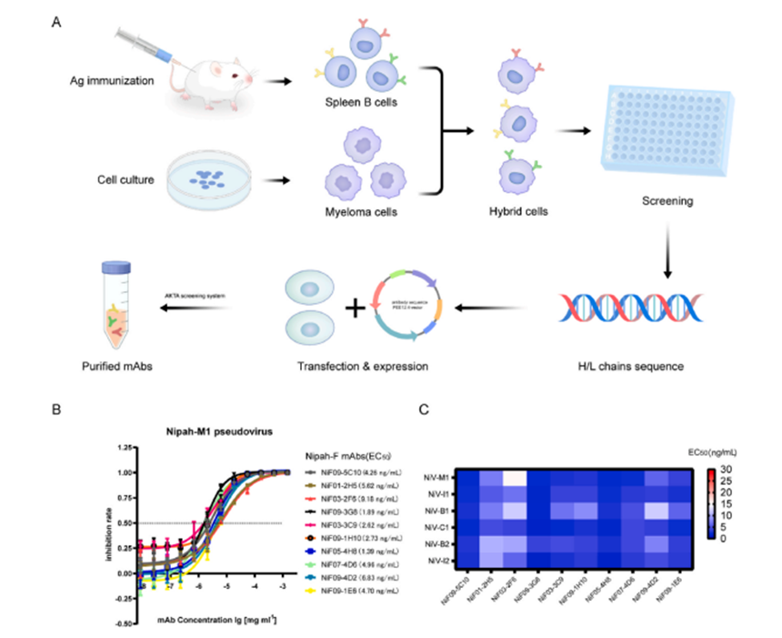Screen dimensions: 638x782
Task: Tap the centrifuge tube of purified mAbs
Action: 119,306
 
